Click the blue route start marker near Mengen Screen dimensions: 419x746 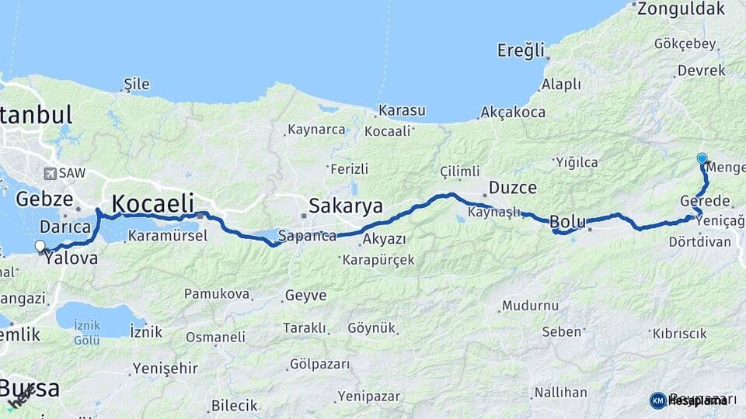(702, 158)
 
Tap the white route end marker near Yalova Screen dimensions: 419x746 (40, 246)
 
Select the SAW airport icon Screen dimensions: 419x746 (51, 174)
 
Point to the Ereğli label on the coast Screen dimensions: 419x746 (521, 51)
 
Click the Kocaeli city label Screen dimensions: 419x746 (152, 203)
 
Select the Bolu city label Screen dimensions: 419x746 (567, 223)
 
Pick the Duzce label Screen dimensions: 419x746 (512, 188)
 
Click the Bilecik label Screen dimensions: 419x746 (234, 405)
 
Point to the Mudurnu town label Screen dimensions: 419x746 (531, 306)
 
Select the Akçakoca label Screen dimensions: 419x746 (513, 112)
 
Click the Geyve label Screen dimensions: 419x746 (305, 296)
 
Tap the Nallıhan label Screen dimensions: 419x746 (559, 393)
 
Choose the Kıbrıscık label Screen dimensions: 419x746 (679, 333)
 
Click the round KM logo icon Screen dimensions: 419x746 (657, 400)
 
